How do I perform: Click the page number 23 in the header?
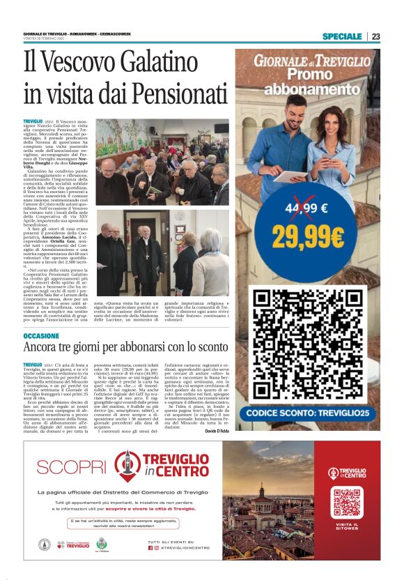coord(375,36)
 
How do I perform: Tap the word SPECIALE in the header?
coord(342,36)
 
